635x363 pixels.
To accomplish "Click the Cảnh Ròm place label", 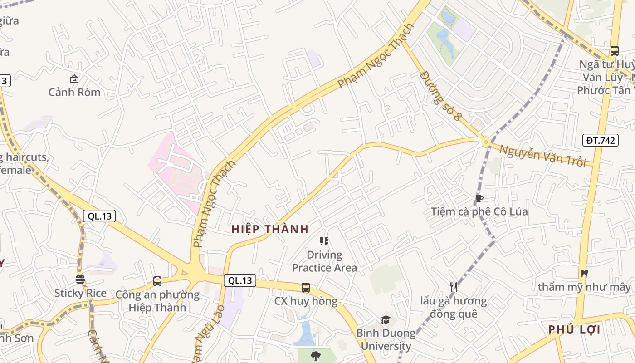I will (74, 92).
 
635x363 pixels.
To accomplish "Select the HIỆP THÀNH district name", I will (270, 229).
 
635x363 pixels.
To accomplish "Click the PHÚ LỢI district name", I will (574, 329).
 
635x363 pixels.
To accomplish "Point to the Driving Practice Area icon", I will (324, 241).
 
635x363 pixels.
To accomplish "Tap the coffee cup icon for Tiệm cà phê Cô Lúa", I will (479, 198).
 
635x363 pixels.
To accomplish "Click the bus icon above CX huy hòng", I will (306, 287).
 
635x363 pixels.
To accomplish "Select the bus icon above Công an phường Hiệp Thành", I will (157, 281).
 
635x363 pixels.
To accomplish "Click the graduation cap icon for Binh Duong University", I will (386, 319).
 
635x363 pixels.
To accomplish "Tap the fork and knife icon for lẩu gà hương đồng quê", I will (453, 287).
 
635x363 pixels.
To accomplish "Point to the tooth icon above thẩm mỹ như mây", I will (584, 273).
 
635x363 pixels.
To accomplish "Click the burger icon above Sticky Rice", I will (80, 279).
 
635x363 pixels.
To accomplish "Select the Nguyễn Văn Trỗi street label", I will (543, 155).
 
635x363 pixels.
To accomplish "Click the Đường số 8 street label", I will (440, 95).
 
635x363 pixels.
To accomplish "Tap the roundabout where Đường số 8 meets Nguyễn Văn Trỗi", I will (486, 142).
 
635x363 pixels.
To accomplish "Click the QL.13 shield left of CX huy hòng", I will (240, 280).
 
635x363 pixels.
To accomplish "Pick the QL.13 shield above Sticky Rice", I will (99, 216).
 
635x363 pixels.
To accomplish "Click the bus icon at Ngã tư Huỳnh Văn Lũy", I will (614, 50).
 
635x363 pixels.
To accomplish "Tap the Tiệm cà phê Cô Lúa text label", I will (479, 211).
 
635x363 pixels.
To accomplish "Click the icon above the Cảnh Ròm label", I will (74, 79).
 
